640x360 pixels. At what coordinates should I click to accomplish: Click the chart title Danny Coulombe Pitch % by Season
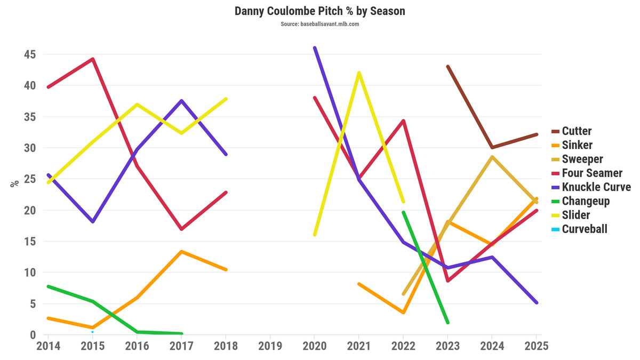(x=320, y=11)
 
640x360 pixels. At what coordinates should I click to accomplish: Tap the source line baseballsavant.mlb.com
(x=320, y=24)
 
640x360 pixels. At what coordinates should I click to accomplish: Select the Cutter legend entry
(x=577, y=131)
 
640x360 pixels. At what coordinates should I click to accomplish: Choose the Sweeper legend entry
(x=582, y=159)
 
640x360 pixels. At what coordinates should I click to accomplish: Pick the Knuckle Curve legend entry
(x=596, y=187)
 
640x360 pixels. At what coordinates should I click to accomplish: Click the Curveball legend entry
(x=585, y=229)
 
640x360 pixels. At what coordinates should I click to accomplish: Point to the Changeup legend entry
(x=586, y=201)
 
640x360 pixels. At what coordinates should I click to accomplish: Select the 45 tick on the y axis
(x=30, y=54)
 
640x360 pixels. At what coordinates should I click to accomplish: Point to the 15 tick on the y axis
(x=30, y=241)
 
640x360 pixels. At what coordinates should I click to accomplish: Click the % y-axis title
(x=14, y=183)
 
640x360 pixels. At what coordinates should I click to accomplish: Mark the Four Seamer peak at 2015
(x=93, y=59)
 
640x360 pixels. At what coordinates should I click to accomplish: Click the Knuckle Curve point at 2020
(x=315, y=47)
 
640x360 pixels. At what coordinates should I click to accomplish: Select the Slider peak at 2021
(x=359, y=73)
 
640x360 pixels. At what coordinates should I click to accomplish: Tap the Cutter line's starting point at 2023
(x=447, y=66)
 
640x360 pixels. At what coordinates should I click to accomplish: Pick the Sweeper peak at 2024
(x=492, y=157)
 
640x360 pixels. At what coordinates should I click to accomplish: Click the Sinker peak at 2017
(x=181, y=251)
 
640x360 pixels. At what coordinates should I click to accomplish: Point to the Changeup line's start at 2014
(x=49, y=286)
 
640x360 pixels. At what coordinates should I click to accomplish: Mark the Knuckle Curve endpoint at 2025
(x=536, y=302)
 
